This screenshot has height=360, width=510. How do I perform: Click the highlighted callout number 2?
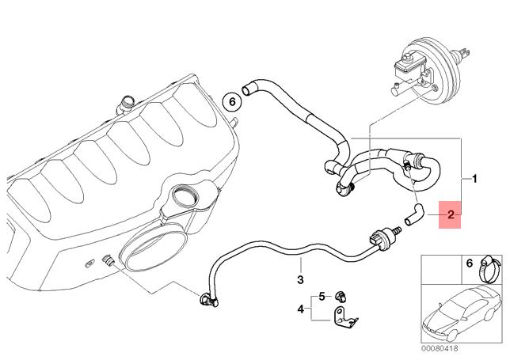[x=450, y=214]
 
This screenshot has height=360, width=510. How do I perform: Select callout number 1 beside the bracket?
[x=474, y=179]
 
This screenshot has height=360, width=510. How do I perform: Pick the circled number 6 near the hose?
[x=231, y=100]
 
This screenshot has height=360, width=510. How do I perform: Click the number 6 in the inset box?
[x=469, y=263]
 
